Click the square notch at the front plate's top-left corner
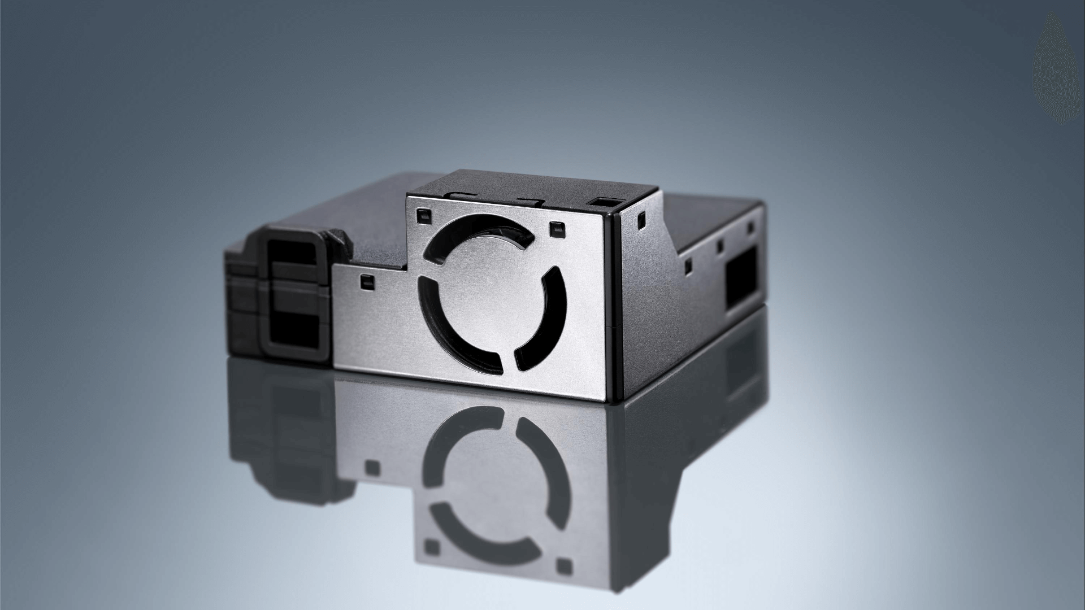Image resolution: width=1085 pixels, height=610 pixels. click(x=424, y=215)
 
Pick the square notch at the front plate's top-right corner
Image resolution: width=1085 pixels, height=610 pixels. click(x=556, y=228)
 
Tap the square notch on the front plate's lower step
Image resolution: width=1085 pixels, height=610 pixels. click(x=366, y=281)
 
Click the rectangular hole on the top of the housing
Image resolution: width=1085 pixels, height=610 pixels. click(x=602, y=202)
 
